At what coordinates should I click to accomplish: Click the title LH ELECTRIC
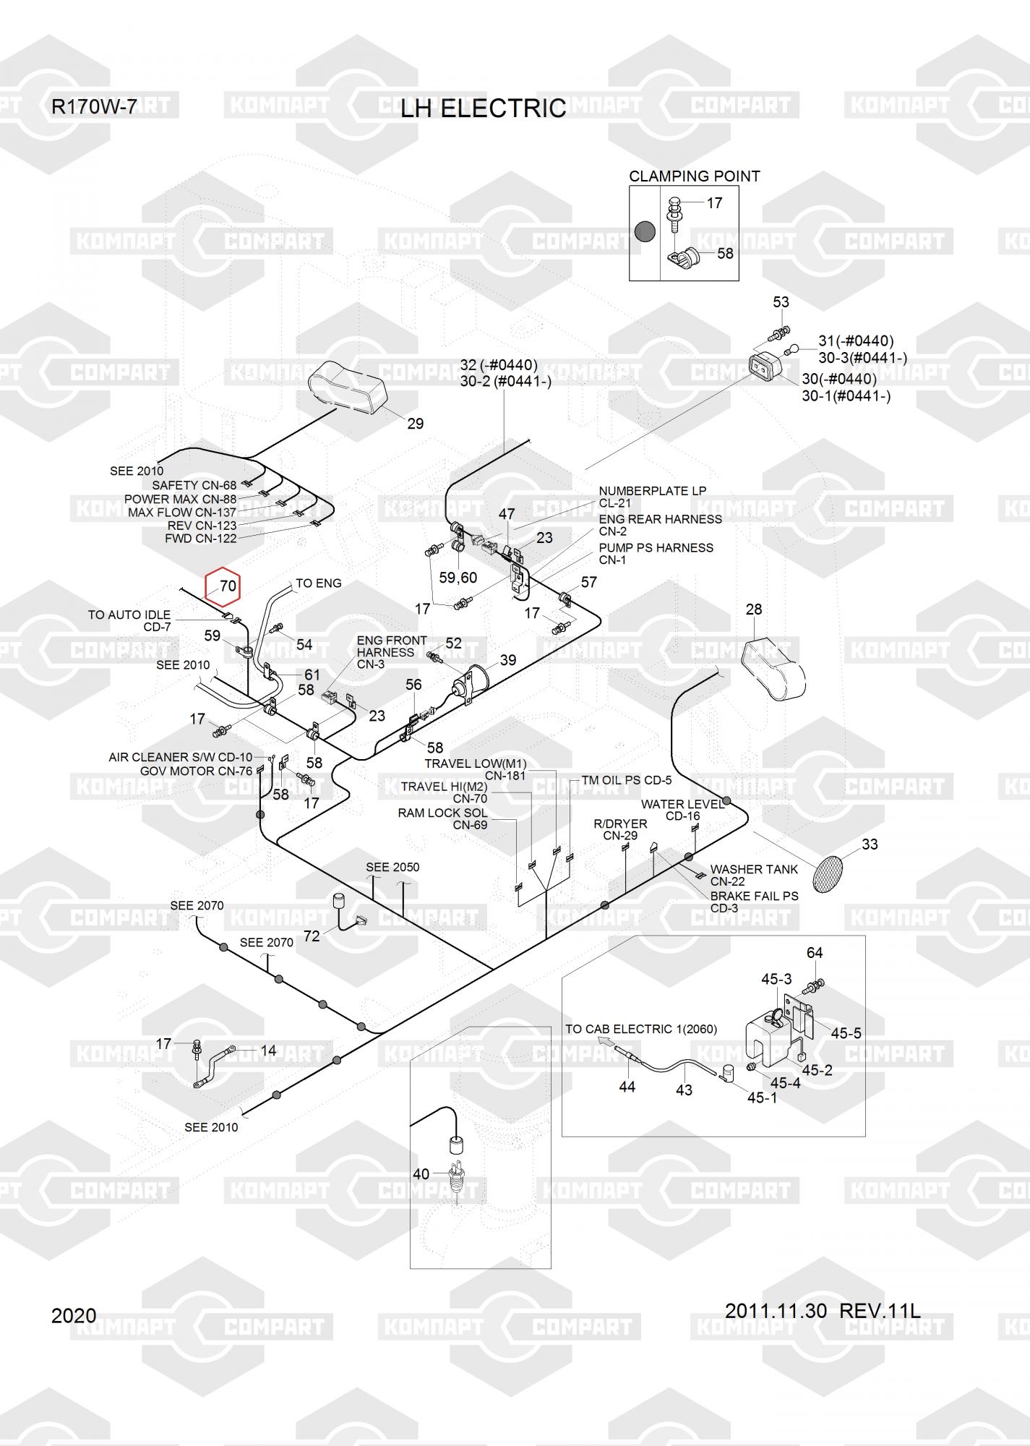(484, 108)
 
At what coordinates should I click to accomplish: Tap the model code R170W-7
(93, 107)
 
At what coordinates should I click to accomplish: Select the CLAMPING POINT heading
(694, 176)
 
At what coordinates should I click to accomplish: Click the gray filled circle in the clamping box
(644, 232)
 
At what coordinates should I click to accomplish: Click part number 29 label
(415, 424)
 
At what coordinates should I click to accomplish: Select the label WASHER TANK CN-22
(753, 875)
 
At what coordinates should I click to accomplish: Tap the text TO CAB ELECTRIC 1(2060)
(641, 1029)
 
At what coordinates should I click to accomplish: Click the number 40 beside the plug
(421, 1174)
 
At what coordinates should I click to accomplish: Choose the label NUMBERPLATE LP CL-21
(652, 497)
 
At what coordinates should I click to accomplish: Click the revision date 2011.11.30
(776, 1311)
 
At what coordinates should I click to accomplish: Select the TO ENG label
(319, 583)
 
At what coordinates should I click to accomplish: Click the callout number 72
(312, 936)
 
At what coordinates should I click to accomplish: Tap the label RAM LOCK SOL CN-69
(442, 819)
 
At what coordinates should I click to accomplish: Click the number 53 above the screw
(781, 302)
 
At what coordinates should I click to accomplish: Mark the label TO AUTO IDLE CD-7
(129, 620)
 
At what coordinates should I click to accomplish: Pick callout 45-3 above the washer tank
(776, 979)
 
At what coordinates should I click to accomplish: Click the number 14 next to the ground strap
(268, 1051)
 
